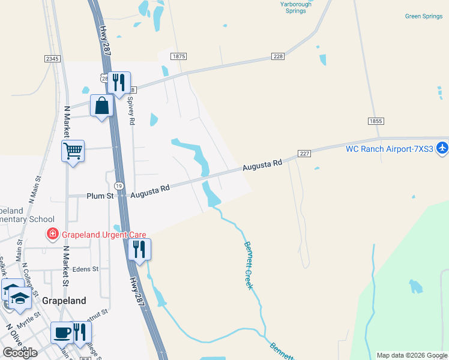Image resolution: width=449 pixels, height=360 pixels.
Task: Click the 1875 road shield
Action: point(178,56)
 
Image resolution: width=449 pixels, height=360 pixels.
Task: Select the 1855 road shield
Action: point(376,121)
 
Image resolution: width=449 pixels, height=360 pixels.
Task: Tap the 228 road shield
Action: point(277,56)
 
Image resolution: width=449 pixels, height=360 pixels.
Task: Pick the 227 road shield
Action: point(304,154)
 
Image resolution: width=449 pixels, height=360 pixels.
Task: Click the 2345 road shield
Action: point(52,58)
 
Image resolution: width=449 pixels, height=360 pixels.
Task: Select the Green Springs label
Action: point(424,16)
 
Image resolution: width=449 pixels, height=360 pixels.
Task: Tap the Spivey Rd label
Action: point(131,111)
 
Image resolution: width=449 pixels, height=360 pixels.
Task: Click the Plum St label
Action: point(101,196)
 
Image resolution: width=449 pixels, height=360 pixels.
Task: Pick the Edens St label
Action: point(86,269)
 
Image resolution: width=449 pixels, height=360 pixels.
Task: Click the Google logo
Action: point(20,353)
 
